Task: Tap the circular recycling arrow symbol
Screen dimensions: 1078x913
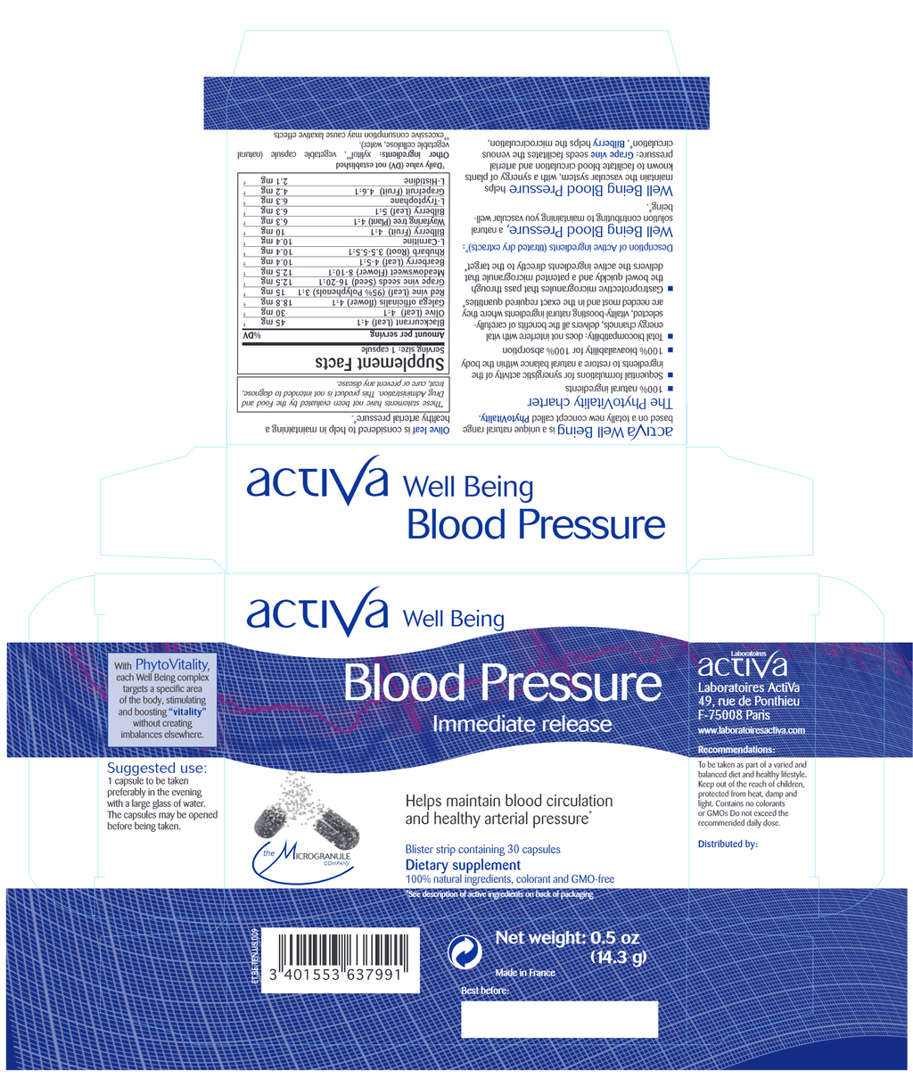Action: coord(465,953)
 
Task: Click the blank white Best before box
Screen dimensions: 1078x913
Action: coord(559,1018)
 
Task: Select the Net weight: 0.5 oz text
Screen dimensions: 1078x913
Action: coord(567,938)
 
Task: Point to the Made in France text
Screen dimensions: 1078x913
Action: coord(524,973)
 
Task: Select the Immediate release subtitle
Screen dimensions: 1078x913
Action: coord(522,725)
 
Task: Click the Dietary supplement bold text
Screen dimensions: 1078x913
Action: coord(463,865)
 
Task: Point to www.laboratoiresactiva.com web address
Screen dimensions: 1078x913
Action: coord(751,730)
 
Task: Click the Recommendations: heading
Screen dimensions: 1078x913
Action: coord(736,750)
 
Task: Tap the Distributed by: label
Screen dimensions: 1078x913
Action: coord(728,843)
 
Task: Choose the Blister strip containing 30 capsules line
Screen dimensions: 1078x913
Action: coord(482,849)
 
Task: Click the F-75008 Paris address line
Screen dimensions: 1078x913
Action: coord(734,715)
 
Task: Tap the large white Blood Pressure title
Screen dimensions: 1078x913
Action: coord(502,685)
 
